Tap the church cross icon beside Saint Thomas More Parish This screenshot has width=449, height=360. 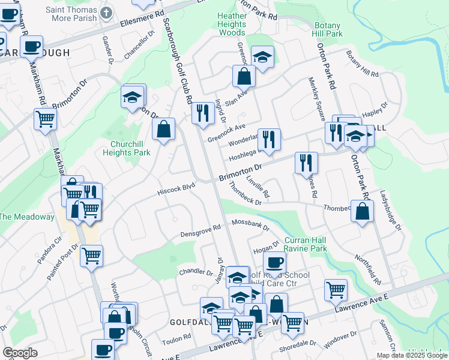(106, 13)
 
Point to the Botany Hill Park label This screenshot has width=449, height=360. (327, 30)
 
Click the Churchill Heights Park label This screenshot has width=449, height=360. (130, 148)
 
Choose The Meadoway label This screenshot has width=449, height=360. (27, 217)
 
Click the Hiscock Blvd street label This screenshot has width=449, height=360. (176, 188)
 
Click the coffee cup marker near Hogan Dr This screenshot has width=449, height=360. (274, 262)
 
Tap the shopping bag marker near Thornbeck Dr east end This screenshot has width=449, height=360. (362, 211)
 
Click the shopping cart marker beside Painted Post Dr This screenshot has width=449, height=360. (91, 256)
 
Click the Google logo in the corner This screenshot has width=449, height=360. (20, 353)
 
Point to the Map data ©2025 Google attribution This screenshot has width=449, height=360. (412, 355)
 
